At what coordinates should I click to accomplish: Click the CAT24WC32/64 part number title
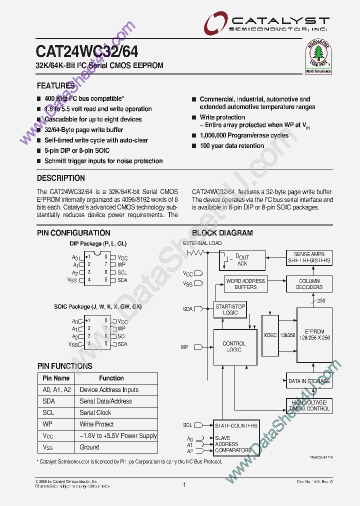pos(87,52)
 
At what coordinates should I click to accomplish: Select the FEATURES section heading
pos(55,86)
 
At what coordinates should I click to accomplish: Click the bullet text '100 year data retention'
pos(232,146)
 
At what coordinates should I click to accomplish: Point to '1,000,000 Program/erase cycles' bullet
pos(244,135)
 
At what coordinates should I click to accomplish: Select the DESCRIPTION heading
pos(61,178)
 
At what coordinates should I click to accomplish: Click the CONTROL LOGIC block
pos(234,346)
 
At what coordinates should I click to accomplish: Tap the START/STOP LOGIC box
pos(230,309)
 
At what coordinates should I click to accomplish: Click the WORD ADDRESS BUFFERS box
pos(245,284)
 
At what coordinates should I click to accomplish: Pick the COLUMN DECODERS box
pos(309,284)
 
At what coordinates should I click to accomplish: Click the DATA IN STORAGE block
pos(309,381)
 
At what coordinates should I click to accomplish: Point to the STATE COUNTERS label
pos(236,425)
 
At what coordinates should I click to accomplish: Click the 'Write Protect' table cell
pos(96,424)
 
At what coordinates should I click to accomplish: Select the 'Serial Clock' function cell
pos(95,412)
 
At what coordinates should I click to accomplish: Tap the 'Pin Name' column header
pos(56,378)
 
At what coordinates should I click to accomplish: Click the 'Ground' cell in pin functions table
pos(89,447)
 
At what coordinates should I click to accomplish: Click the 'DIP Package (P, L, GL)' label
pos(98,243)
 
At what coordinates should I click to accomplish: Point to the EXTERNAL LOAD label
pos(202,243)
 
